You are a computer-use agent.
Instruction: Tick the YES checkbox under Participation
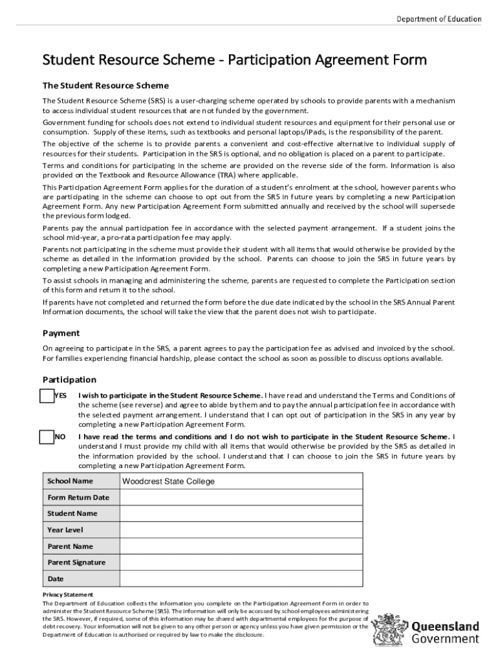point(47,396)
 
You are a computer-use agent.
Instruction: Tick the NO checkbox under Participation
point(47,437)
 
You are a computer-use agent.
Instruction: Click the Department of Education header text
point(438,19)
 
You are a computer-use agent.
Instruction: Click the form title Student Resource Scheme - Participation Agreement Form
point(234,60)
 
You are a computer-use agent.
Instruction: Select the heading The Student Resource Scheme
point(105,85)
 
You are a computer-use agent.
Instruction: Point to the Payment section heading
point(61,334)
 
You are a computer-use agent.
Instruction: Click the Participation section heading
point(69,379)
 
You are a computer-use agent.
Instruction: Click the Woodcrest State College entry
point(168,482)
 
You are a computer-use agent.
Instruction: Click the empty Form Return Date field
point(241,498)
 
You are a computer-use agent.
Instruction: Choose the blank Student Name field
point(241,514)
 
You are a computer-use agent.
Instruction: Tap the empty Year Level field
point(241,530)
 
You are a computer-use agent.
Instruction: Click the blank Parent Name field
point(241,546)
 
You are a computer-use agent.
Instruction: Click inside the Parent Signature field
point(241,562)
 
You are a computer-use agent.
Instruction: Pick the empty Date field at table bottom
point(241,579)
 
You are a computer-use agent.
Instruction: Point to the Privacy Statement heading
point(68,595)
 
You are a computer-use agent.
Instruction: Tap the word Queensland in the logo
point(446,626)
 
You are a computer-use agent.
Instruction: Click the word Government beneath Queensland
point(446,639)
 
